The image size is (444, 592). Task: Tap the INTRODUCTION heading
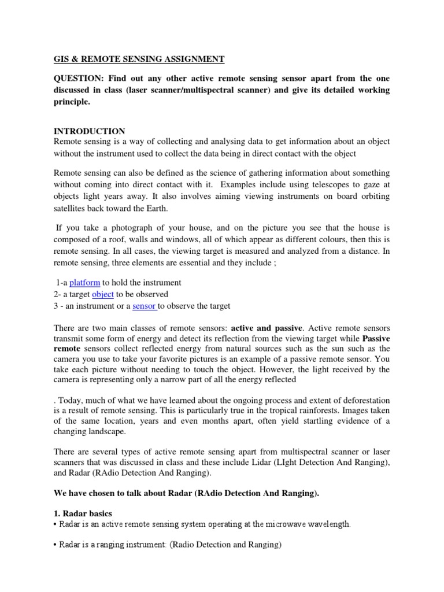tap(89, 131)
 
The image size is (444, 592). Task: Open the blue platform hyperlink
tap(84, 283)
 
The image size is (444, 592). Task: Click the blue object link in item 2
tap(102, 294)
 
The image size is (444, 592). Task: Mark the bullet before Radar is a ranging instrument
tap(55, 544)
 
